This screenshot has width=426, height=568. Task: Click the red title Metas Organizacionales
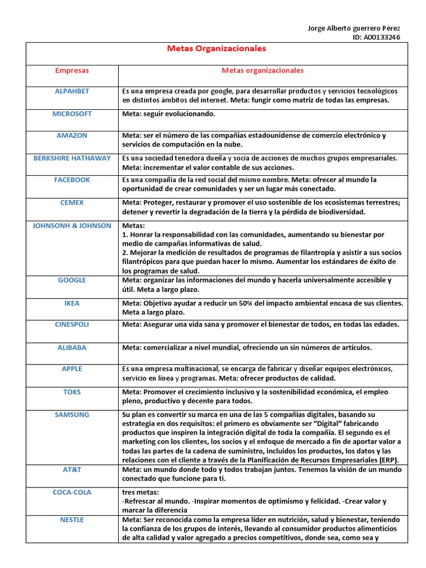216,49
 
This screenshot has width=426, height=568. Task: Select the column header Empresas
72,71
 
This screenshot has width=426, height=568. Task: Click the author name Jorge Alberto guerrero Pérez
353,28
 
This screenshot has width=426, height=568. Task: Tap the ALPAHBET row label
72,91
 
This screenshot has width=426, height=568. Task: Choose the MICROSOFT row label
72,114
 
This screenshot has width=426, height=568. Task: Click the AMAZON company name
72,135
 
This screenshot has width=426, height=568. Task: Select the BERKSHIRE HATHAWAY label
72,158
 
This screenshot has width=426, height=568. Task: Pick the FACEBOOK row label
72,180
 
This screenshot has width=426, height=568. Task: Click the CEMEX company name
72,202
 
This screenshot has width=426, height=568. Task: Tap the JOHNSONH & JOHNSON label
72,226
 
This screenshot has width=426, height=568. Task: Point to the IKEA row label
72,303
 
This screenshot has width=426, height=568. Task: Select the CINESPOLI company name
72,324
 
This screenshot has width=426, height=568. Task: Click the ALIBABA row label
72,348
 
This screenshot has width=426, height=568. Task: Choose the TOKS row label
72,392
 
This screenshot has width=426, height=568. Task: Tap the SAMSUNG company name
72,415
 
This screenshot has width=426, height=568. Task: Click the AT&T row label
72,469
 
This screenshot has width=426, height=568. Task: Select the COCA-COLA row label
72,493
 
